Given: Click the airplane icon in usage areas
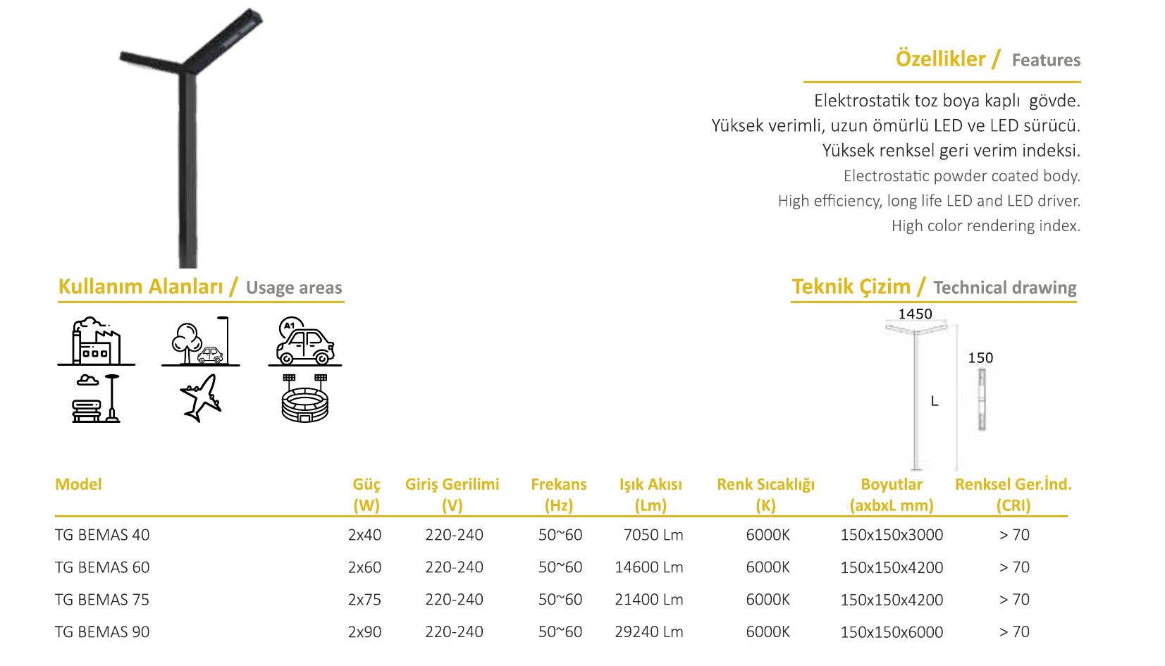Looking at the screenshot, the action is [201, 398].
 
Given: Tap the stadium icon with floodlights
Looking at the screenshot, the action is [304, 398].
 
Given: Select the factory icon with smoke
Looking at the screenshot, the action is [97, 341].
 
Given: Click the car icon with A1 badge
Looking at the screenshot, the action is [305, 341].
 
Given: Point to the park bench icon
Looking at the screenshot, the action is [97, 398].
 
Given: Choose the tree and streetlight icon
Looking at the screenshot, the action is [201, 341].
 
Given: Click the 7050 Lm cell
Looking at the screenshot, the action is [653, 535].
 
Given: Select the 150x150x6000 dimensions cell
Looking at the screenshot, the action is [892, 632].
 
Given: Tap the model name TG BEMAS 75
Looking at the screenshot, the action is [102, 600].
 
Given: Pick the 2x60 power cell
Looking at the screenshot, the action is [364, 567].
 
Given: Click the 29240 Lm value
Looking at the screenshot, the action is [649, 632].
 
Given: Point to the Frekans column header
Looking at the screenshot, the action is [559, 495].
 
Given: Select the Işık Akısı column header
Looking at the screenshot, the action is [651, 495].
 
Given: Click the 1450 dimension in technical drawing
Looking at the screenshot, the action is [916, 314].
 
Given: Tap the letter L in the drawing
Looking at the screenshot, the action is [935, 402].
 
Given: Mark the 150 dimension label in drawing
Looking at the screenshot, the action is [980, 358].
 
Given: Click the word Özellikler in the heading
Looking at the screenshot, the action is [940, 58].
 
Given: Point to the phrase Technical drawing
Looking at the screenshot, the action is [1005, 288].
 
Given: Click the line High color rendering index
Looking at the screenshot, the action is [985, 226].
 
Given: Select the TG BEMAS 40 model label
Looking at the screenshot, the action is [102, 535].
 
